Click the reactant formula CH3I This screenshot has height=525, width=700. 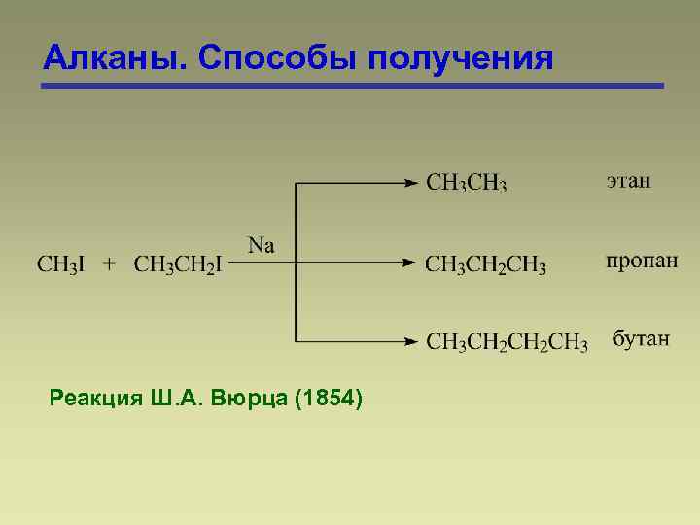(62, 264)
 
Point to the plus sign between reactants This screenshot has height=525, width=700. (110, 263)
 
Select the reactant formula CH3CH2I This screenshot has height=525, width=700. (177, 264)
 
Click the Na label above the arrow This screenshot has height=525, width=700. (262, 245)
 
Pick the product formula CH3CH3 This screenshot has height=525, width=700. (467, 183)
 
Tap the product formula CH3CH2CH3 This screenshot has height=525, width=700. (486, 264)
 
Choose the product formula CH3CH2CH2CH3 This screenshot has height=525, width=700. (507, 342)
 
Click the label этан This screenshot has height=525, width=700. (629, 181)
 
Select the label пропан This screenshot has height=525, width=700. (642, 262)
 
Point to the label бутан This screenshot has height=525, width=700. (641, 339)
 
